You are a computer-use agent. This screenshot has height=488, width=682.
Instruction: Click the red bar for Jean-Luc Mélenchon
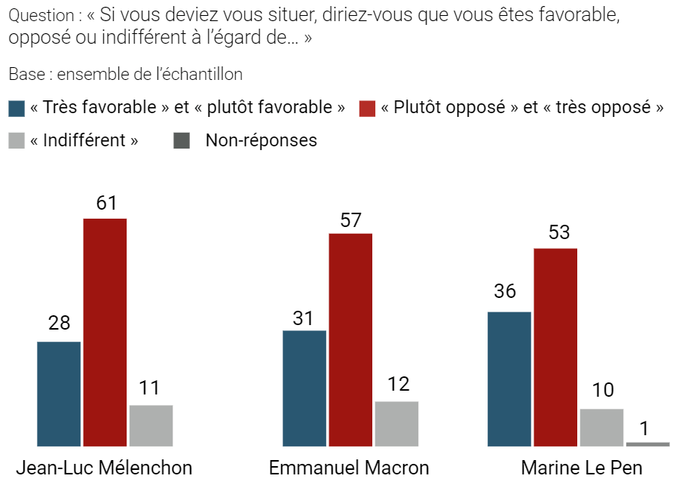[x=105, y=332]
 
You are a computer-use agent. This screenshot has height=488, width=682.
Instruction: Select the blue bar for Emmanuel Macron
[x=304, y=388]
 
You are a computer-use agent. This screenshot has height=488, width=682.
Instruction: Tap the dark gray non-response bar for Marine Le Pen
[x=647, y=444]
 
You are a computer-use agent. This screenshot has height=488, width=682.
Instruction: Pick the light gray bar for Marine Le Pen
[x=601, y=427]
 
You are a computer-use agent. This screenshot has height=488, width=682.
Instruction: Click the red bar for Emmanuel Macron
[x=350, y=339]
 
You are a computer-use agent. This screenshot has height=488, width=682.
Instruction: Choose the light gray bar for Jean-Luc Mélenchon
[x=151, y=425]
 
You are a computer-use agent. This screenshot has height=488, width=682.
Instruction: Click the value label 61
[x=106, y=203]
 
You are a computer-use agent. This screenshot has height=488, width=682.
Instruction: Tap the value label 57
[x=350, y=219]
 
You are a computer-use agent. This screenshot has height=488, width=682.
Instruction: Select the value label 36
[x=505, y=291]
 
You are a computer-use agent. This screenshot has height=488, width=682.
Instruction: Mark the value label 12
[x=397, y=384]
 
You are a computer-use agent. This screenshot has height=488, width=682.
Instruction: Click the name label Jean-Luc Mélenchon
[x=104, y=468]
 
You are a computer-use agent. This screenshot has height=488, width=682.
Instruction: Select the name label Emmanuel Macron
[x=349, y=468]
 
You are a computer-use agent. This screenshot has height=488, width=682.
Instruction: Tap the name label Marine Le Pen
[x=581, y=468]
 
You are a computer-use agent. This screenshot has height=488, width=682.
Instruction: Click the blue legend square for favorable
[x=17, y=108]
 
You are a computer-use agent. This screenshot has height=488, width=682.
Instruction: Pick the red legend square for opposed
[x=367, y=108]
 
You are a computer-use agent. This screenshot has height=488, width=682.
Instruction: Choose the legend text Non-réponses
[x=261, y=140]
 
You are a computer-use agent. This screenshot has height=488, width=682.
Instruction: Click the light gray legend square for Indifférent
[x=17, y=140]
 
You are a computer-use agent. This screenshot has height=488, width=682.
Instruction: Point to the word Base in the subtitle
[x=24, y=75]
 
